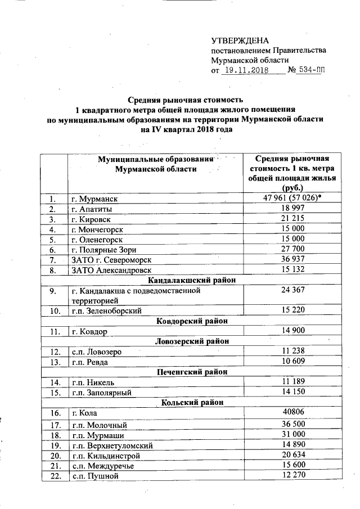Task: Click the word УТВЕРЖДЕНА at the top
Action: pos(240,40)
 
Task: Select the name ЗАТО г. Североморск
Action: pos(111,260)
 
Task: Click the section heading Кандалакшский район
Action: pos(192,280)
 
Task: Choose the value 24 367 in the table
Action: pos(292,292)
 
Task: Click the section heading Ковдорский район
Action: pos(192,321)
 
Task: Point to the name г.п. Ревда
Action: pos(89,362)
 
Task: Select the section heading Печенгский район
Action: pos(192,372)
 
